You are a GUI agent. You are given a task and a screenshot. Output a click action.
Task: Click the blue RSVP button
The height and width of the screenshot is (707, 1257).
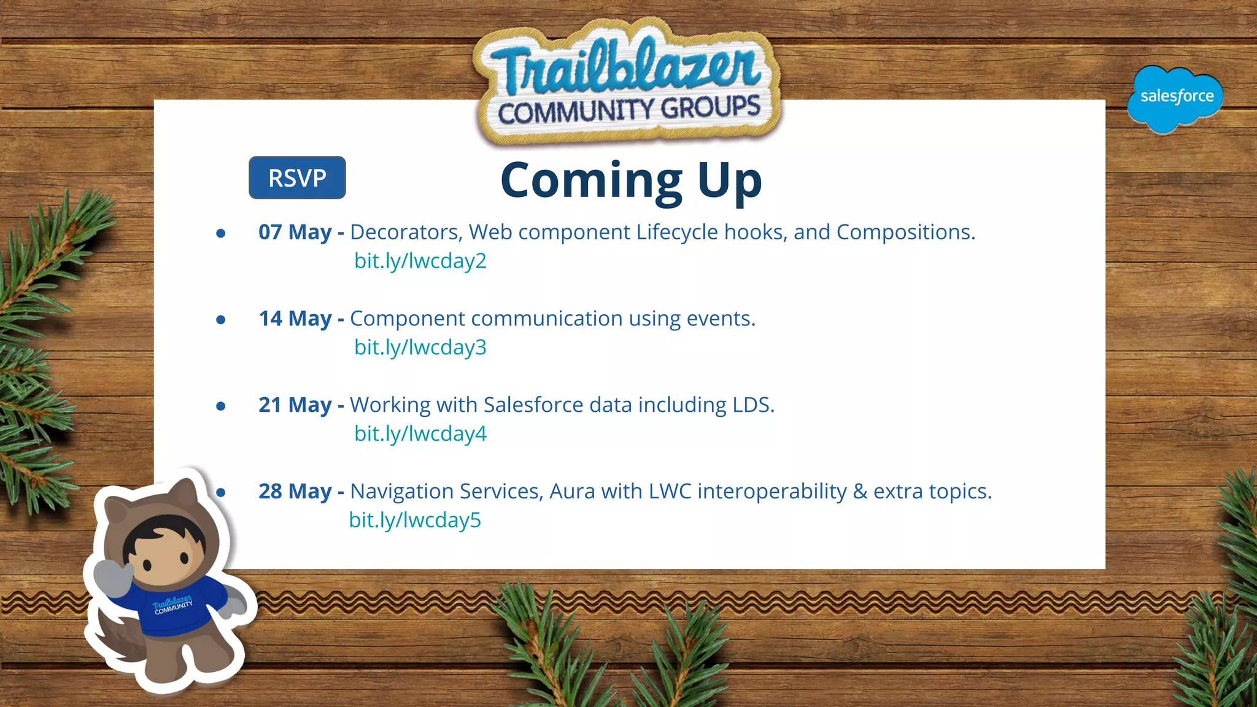pos(297,178)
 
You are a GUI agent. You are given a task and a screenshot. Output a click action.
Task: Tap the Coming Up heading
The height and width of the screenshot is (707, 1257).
pos(631,180)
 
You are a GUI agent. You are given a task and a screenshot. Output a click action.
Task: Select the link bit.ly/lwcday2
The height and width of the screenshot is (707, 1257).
pos(420,261)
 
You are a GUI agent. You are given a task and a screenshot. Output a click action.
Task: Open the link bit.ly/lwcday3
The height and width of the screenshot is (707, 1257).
pos(420,347)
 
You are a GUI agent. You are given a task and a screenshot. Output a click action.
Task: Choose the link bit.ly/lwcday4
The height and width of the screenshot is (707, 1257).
pos(420,434)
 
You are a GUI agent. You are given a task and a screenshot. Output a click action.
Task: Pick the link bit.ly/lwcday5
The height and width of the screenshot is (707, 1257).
pos(415,520)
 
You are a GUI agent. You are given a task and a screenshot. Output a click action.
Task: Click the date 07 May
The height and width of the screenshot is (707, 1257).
pos(295,232)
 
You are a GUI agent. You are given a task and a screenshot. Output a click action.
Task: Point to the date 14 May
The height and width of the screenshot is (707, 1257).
pos(295,319)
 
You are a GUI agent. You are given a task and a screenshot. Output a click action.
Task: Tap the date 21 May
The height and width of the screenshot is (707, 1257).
pos(295,405)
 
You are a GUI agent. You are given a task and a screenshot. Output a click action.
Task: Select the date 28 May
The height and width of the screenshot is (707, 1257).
pos(295,492)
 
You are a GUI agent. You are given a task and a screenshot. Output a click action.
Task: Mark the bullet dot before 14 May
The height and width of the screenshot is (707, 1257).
pos(221,319)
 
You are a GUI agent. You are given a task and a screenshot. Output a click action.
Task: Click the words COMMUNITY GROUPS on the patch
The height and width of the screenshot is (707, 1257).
pos(629,109)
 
